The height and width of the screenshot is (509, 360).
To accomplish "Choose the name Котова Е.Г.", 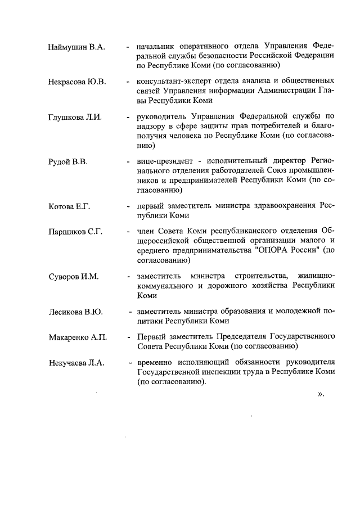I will pos(69,206).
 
